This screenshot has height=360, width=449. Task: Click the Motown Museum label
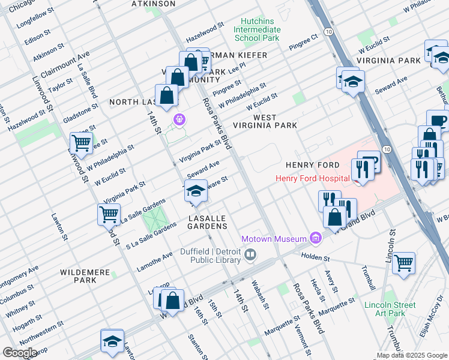click(x=274, y=239)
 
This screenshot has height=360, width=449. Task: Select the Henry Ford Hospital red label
click(x=312, y=178)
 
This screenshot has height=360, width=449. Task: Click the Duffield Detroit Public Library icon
click(x=250, y=256)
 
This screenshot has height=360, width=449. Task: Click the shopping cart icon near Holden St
click(x=404, y=262)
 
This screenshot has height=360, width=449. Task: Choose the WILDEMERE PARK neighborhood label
click(x=86, y=276)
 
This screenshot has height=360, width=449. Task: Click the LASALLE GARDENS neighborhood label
click(x=208, y=222)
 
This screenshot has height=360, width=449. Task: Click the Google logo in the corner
click(x=19, y=352)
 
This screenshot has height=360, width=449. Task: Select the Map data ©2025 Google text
click(x=411, y=355)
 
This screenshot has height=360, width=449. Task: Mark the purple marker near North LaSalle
click(x=178, y=118)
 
